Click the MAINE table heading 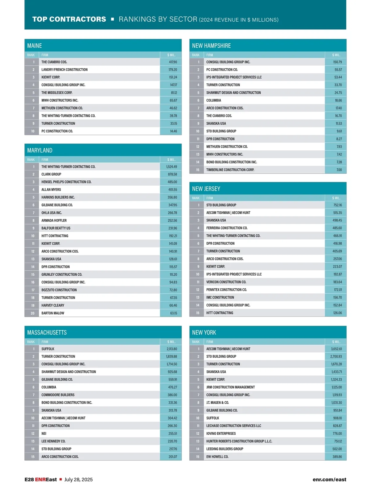[x=34, y=46]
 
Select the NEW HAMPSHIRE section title [x=211, y=46]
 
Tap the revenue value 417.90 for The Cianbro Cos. [x=173, y=62]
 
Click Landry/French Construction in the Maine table [x=64, y=70]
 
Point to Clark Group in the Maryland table [x=51, y=174]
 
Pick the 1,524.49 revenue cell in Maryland [x=172, y=167]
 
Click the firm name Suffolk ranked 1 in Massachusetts [x=48, y=349]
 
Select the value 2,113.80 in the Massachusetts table [x=172, y=349]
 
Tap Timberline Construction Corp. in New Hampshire [x=230, y=170]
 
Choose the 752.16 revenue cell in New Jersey [x=337, y=205]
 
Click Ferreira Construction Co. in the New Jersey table [x=227, y=228]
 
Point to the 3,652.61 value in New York [x=336, y=349]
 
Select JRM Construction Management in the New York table [x=230, y=387]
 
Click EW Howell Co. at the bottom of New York [x=217, y=457]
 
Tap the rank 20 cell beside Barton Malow [x=32, y=313]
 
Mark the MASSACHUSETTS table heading [x=47, y=333]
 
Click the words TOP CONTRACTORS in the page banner [x=69, y=19]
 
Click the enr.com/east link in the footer [x=329, y=480]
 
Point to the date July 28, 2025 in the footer [x=78, y=480]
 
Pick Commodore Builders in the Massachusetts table [x=58, y=395]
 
